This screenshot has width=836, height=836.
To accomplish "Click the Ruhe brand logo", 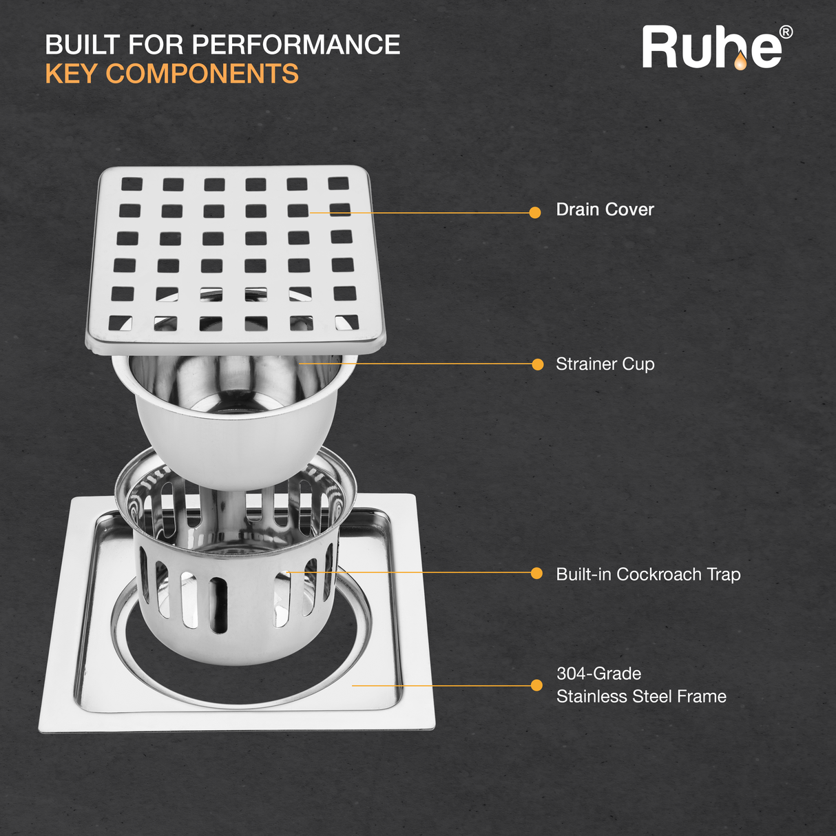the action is point(717,48).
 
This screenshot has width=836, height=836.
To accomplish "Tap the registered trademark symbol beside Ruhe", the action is point(786,32).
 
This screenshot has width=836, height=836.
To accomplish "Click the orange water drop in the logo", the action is point(740,61).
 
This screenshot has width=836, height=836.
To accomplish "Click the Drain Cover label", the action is point(605,209).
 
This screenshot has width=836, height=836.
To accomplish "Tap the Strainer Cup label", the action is point(605,364).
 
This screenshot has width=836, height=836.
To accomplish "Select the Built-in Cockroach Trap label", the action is point(648,574).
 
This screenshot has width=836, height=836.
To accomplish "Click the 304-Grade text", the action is point(598,673).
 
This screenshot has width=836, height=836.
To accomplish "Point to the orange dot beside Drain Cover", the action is point(535,213).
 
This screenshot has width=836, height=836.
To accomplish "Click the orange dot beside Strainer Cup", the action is point(538,364).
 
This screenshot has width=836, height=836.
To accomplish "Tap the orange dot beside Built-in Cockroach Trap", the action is point(536,573).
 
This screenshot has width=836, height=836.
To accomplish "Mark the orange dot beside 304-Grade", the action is point(536,685).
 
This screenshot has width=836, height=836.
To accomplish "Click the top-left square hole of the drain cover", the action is point(132,184).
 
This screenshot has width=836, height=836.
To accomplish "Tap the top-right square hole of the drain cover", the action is point(338,183).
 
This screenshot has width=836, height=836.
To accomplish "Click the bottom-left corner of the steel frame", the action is point(39,733).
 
